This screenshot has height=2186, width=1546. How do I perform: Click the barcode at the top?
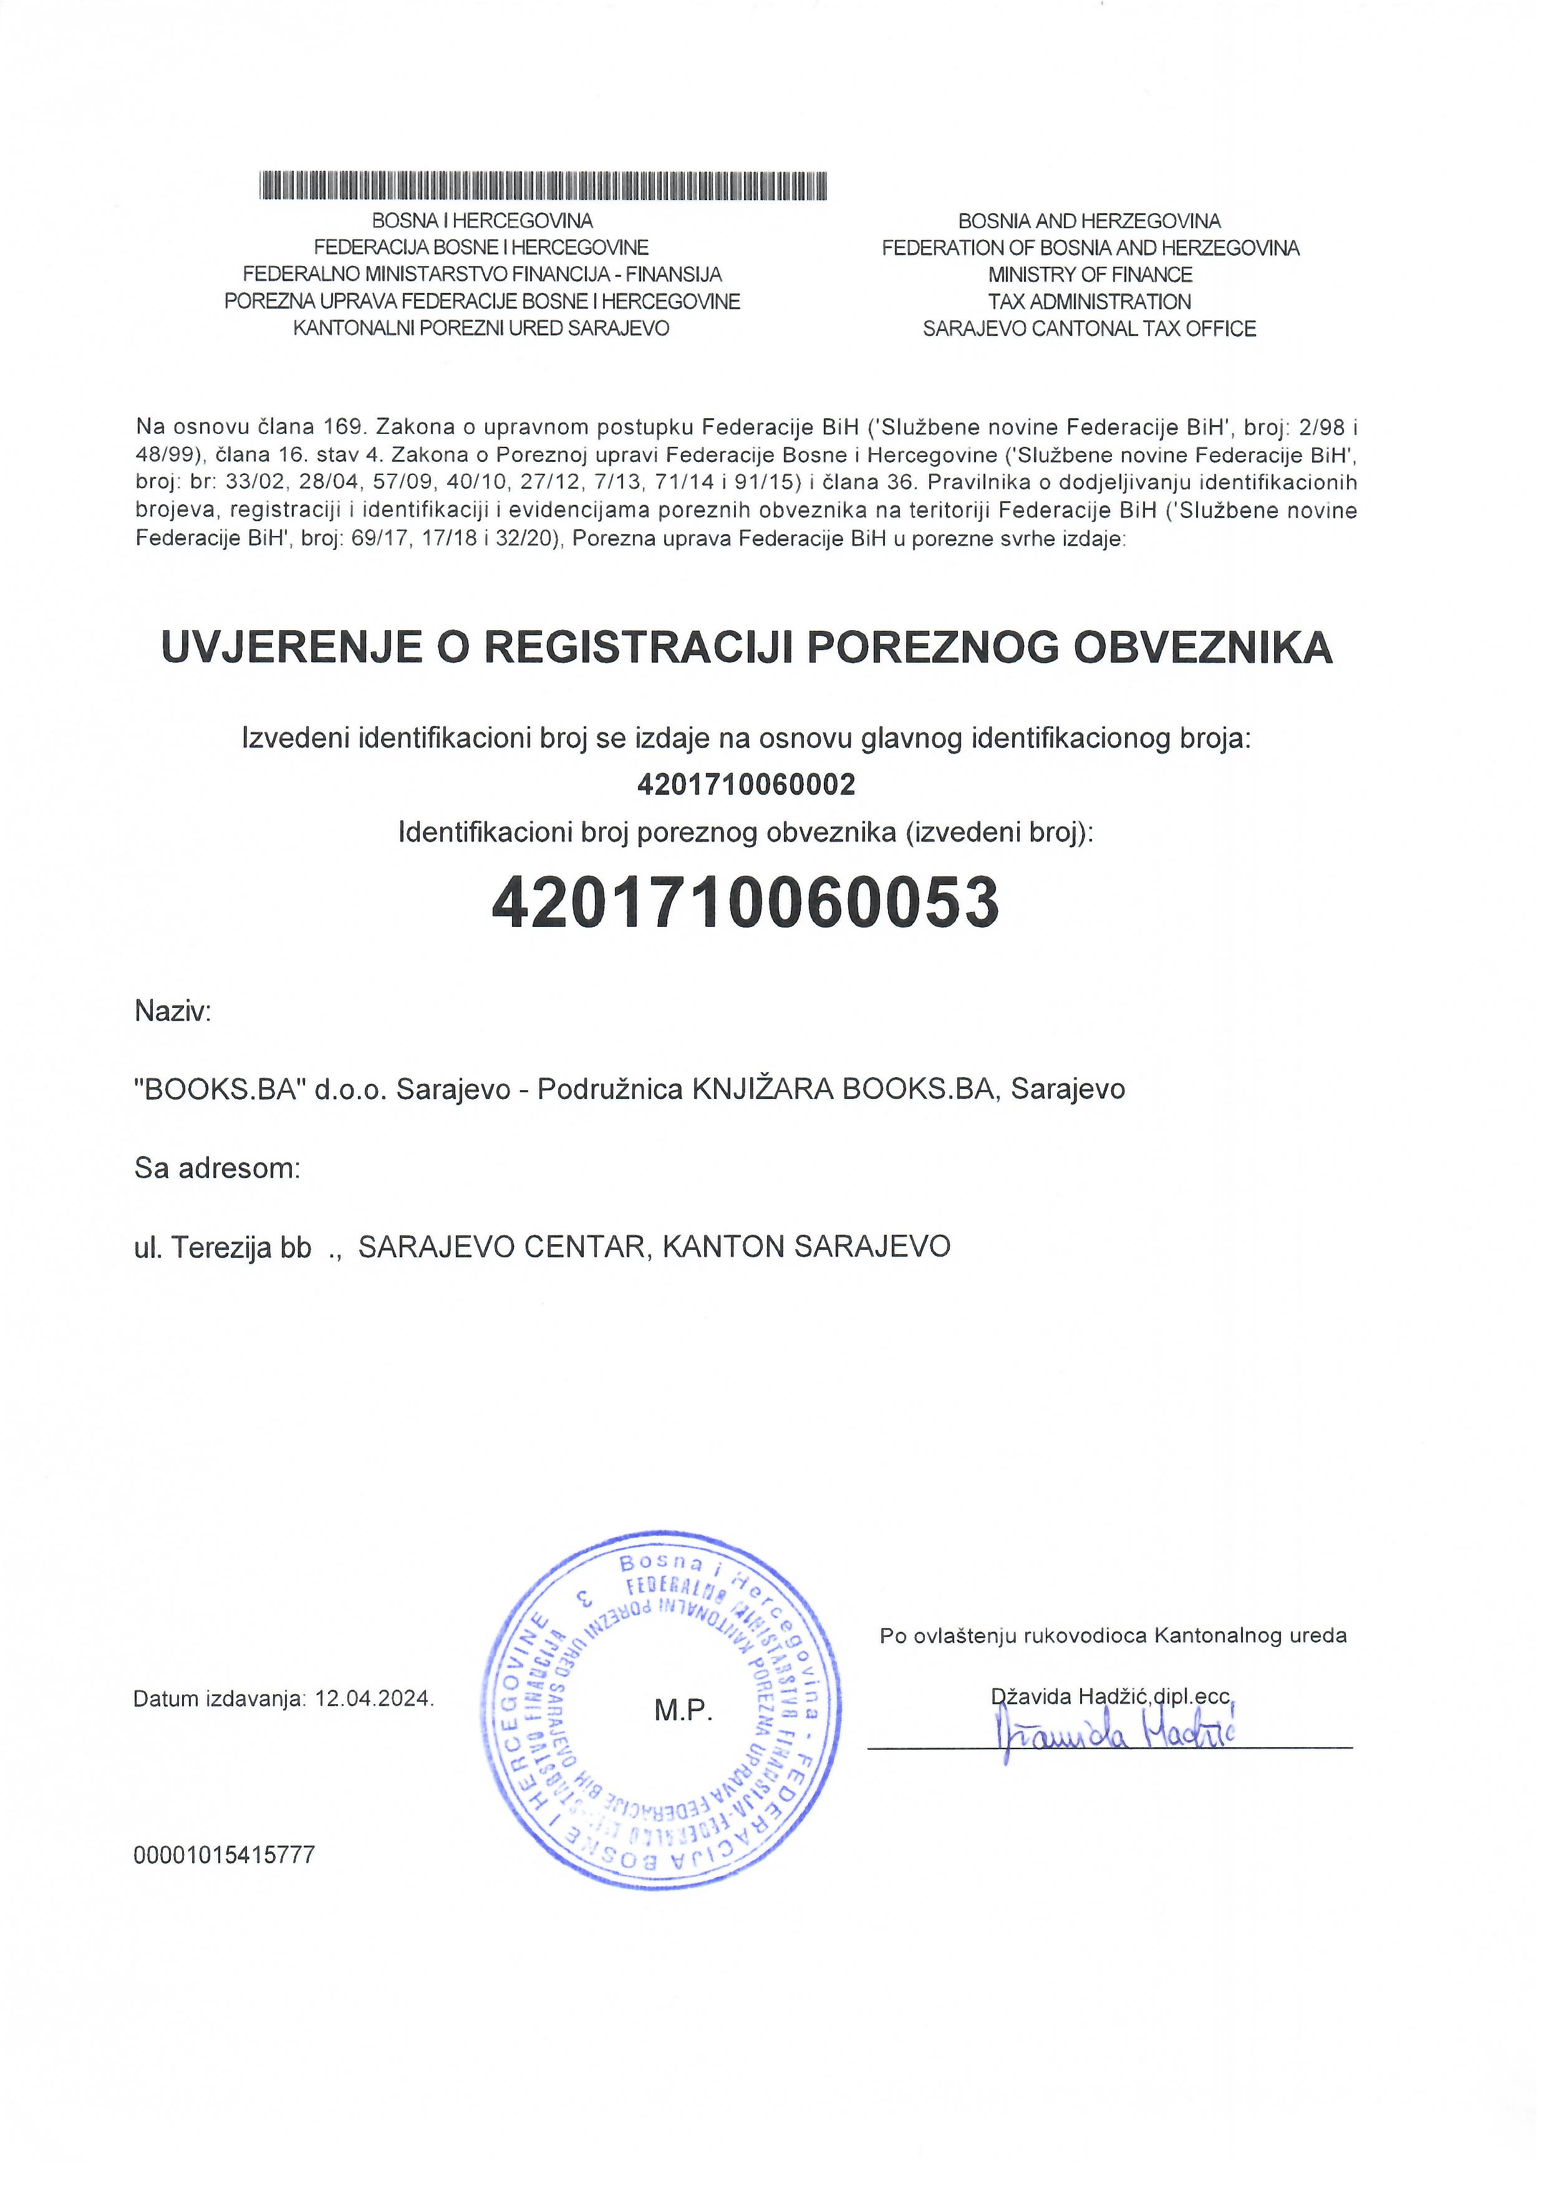click(x=543, y=186)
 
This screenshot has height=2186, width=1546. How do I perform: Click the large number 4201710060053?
click(x=745, y=903)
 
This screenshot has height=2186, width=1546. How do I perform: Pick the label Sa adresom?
click(x=217, y=1167)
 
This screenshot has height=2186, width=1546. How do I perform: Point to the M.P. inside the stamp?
click(x=683, y=1711)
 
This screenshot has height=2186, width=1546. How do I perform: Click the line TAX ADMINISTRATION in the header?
click(x=1089, y=302)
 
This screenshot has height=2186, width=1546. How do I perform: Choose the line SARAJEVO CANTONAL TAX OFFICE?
click(x=1089, y=328)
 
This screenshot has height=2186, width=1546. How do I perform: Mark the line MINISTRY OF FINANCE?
click(x=1089, y=275)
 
